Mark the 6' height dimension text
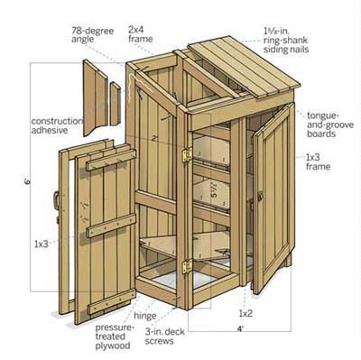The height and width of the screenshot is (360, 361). click(27, 182)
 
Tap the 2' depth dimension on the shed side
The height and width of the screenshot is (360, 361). click(155, 138)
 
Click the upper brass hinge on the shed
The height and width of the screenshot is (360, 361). click(186, 154)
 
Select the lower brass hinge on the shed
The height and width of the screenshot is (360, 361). click(187, 267)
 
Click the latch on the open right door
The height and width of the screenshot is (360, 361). click(260, 195)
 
